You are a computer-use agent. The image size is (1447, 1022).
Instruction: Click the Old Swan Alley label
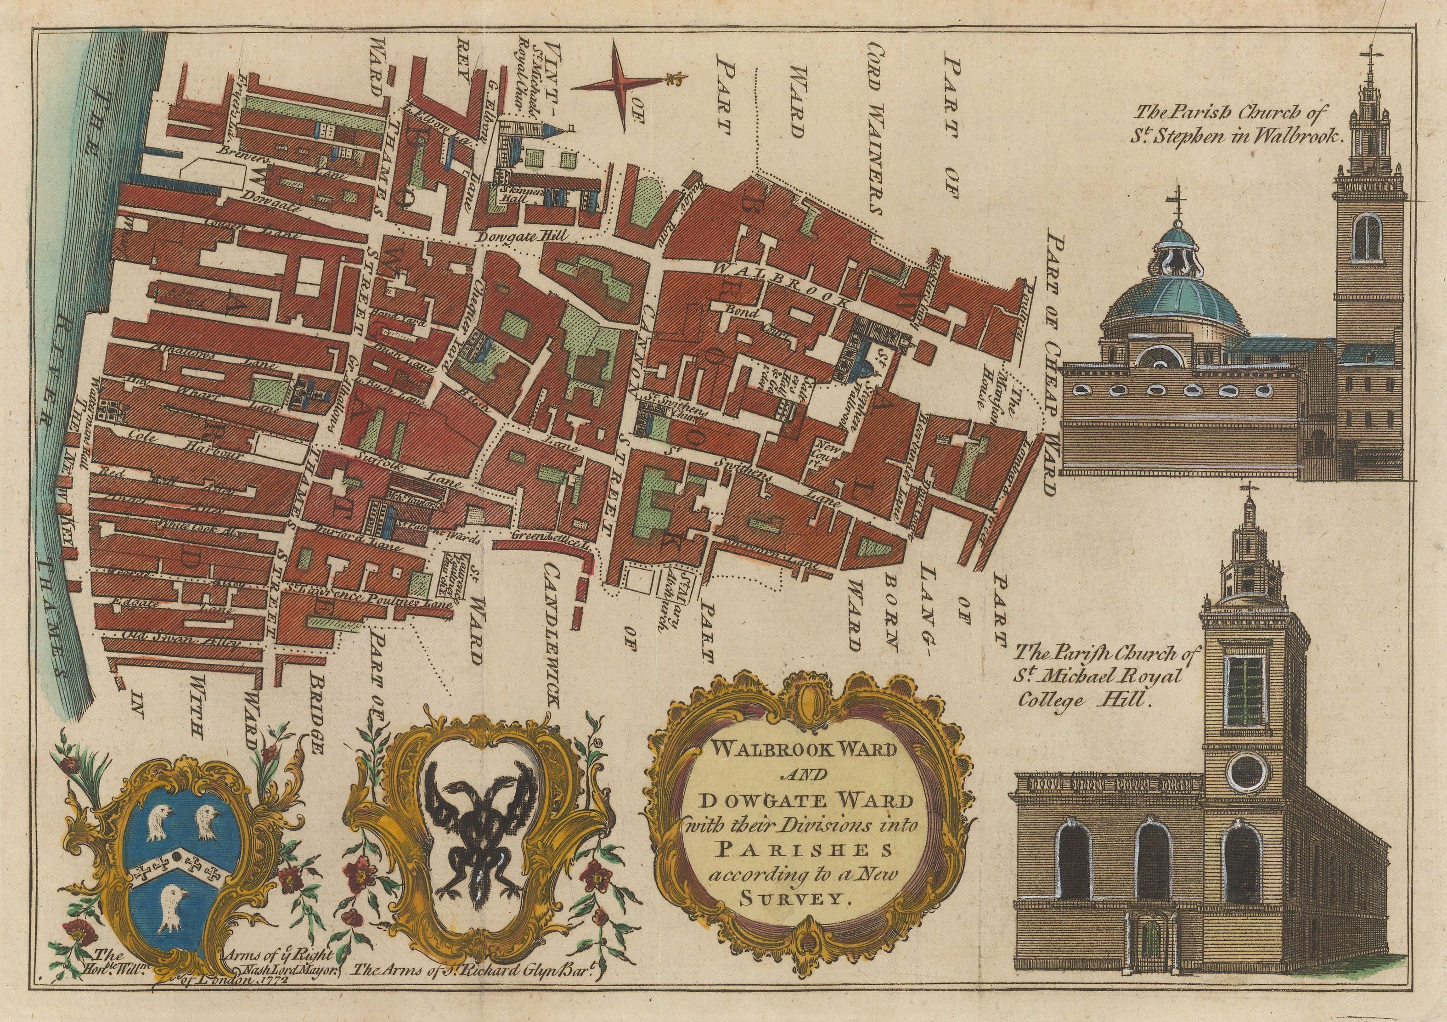[183, 643]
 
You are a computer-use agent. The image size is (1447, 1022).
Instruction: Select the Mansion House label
[1002, 391]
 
